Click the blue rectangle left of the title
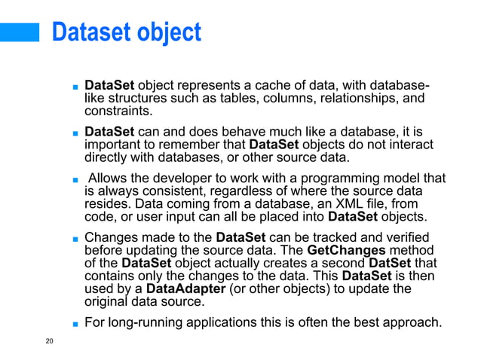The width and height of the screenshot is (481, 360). tap(19, 32)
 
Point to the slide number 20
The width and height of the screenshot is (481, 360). tap(50, 343)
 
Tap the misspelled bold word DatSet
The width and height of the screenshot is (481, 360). tap(391, 263)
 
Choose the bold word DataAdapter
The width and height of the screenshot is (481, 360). tap(182, 289)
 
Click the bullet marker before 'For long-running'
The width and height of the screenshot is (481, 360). tap(77, 324)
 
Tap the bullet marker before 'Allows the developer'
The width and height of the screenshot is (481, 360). tap(77, 179)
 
